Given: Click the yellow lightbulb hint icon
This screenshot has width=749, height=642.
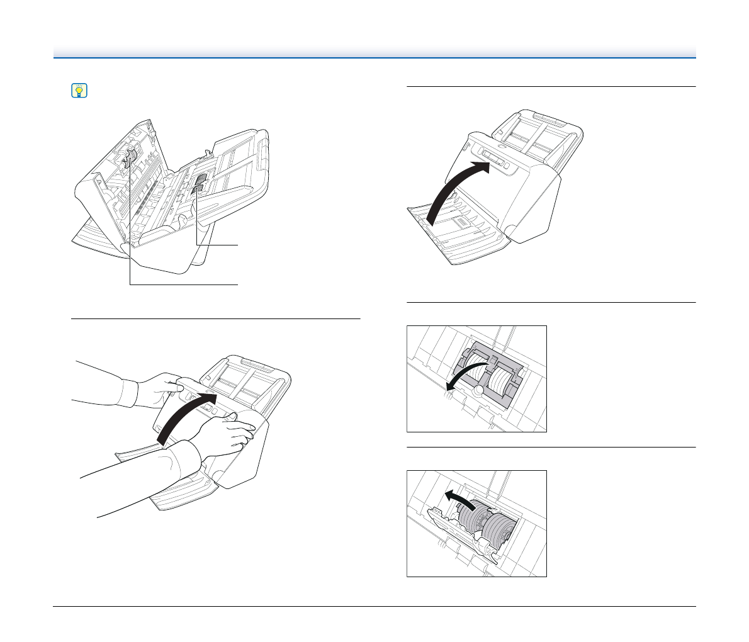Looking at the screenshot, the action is [x=79, y=91].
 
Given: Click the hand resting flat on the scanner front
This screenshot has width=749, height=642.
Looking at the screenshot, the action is [x=227, y=434].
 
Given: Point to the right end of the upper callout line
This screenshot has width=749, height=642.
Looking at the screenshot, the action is [x=239, y=244].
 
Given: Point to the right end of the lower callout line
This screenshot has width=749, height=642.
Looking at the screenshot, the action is [x=239, y=285].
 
